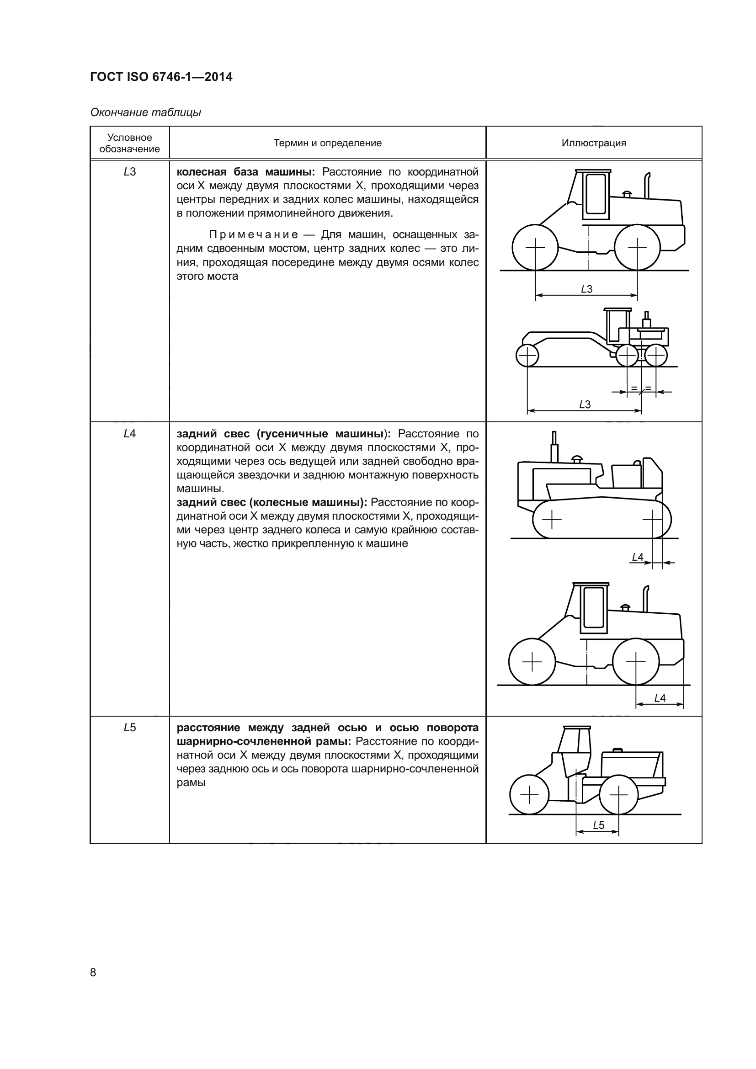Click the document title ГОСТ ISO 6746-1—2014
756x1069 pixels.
(x=161, y=77)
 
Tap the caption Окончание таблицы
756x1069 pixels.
(x=145, y=112)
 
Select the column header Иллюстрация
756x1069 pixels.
(x=594, y=143)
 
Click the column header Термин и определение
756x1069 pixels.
(x=327, y=143)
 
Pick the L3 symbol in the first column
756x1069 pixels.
(x=129, y=172)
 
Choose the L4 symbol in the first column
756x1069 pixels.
(x=129, y=433)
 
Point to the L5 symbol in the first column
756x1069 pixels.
(x=129, y=727)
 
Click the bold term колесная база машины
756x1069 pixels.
(x=246, y=172)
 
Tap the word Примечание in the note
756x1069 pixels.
(x=254, y=234)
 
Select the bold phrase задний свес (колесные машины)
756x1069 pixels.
(x=272, y=502)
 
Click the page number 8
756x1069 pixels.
(x=93, y=972)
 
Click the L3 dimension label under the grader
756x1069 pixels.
(x=585, y=404)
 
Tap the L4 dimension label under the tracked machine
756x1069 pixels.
(x=637, y=557)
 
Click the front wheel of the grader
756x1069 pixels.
(x=527, y=356)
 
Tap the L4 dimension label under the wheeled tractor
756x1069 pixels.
(x=660, y=698)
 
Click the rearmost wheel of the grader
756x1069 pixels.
(x=656, y=356)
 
